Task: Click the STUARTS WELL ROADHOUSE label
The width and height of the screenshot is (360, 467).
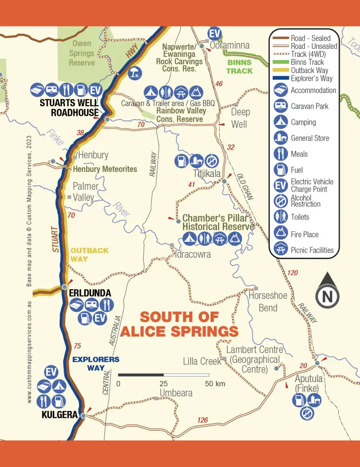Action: (x=69, y=108)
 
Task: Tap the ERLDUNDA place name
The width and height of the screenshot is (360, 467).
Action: (x=90, y=293)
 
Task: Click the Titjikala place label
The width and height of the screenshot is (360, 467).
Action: (x=207, y=174)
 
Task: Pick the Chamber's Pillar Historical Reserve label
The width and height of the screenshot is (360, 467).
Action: (x=218, y=222)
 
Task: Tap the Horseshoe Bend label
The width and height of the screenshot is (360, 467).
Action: (x=268, y=301)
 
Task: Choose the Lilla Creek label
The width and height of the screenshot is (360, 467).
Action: (x=202, y=361)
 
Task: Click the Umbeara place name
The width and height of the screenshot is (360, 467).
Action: (x=176, y=393)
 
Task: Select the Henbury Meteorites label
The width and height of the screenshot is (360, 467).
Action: (x=105, y=169)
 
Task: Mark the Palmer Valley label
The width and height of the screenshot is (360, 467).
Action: (x=86, y=192)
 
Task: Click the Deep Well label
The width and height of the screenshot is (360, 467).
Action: (x=240, y=118)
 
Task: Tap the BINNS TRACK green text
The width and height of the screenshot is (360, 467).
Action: (x=239, y=67)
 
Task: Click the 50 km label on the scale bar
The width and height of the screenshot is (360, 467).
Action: (x=215, y=384)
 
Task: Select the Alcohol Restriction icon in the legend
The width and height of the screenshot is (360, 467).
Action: (x=280, y=201)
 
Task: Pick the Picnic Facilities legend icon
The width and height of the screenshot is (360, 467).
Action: (x=280, y=249)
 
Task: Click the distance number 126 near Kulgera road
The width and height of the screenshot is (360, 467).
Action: (x=203, y=420)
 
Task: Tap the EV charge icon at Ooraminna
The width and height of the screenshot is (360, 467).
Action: (x=214, y=33)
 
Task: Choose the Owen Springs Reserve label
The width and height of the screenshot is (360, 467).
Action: (x=82, y=52)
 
